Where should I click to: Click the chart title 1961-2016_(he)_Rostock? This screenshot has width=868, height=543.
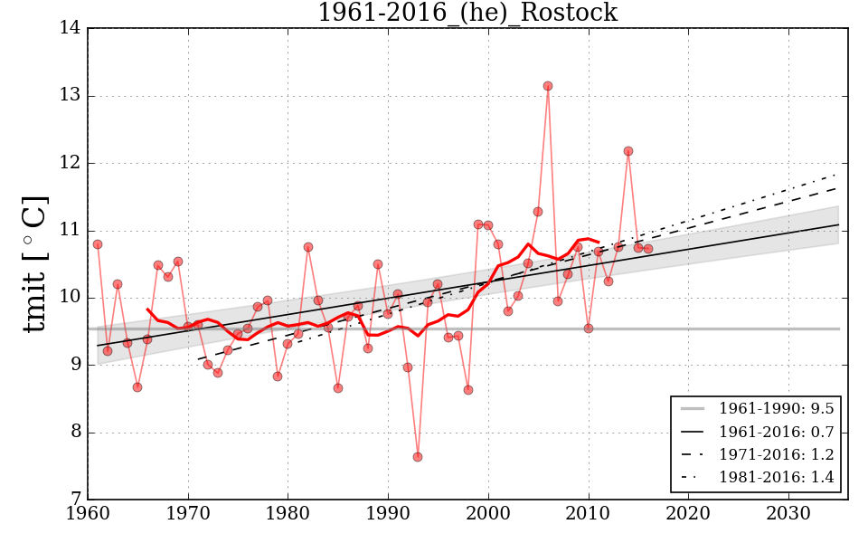(467, 14)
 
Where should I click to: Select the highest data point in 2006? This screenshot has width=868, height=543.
(548, 86)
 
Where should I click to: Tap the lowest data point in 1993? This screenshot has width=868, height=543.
(418, 457)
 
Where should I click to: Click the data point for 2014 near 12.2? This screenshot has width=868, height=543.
(628, 151)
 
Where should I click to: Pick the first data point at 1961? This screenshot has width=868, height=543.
(98, 244)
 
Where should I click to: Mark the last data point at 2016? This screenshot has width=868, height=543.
(648, 249)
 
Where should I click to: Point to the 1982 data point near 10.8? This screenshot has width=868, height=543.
(308, 247)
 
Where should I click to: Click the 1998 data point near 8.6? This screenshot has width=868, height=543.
(468, 390)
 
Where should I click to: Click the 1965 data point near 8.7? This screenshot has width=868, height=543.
(137, 387)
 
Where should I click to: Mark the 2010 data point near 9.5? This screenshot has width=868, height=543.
(589, 329)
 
